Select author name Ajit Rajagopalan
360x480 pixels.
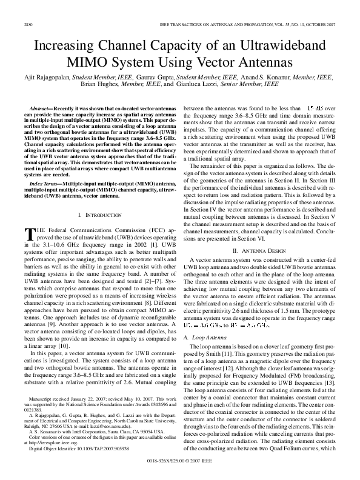(x=48, y=78)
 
